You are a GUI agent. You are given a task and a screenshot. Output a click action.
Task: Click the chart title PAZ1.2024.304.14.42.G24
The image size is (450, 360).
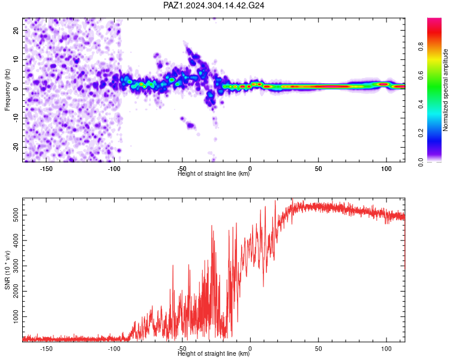tap(214, 5)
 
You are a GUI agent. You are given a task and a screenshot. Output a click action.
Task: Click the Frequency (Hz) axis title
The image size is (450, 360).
tap(7, 90)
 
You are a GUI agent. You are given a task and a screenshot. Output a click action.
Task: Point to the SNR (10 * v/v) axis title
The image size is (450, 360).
tap(7, 270)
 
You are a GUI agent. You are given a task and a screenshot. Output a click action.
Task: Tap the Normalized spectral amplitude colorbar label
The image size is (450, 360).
tap(445, 90)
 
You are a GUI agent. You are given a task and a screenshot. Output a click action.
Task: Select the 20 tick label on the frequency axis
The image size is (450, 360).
tap(16, 30)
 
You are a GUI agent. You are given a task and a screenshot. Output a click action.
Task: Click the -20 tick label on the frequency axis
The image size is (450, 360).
tap(16, 147)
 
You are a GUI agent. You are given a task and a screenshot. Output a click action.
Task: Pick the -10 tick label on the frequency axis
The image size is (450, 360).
tap(16, 118)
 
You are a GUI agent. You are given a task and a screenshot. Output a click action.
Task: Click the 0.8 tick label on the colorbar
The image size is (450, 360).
tap(421, 46)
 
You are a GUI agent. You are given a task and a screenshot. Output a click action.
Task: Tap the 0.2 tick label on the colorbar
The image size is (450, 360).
tap(421, 133)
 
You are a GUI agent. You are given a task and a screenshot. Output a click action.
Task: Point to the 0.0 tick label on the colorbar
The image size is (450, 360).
tap(421, 162)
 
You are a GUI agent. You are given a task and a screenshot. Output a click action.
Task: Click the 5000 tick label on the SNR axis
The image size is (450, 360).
tap(16, 215)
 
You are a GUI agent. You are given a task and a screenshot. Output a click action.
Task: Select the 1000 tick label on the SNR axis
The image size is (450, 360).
tap(16, 317)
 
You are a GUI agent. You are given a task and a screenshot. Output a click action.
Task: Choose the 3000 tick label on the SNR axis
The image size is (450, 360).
tap(16, 266)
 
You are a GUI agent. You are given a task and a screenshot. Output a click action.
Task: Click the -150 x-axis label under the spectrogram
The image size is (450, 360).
tap(46, 169)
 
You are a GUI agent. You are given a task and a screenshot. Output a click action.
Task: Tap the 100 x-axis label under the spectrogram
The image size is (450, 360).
tap(386, 169)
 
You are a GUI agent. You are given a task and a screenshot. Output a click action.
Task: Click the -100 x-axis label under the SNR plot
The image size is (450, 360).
tap(114, 349)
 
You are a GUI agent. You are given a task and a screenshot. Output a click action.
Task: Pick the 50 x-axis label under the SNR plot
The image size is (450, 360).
tap(318, 349)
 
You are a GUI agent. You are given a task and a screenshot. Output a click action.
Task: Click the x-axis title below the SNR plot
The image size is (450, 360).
tap(214, 353)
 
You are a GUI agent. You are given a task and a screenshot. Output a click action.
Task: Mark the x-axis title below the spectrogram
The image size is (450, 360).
tap(214, 173)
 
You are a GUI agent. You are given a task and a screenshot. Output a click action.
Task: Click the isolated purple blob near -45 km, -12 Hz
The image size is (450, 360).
tap(190, 125)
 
